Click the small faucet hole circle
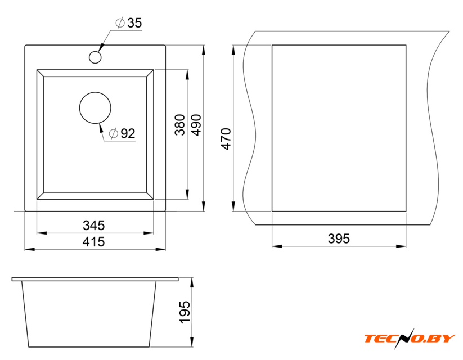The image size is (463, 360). pos(95,51)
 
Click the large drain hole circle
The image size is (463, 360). pos(95,92)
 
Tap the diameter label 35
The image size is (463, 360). pos(134,22)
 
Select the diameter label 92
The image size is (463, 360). pos(128,133)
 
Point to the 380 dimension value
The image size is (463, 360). pos(180,125)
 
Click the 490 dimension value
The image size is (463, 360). pos(196,125)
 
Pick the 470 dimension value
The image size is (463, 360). pos(226,139)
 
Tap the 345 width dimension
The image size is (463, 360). pos(93,226)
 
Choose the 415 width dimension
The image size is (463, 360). pos(93,242)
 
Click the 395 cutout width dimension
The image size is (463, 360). pos(339,238)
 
